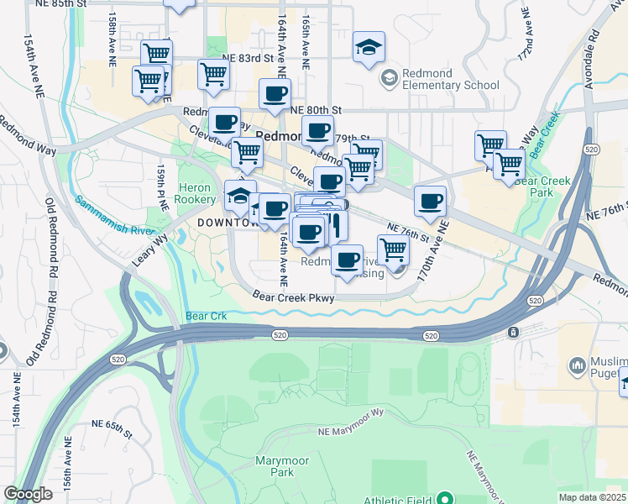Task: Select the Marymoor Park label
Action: [282, 466]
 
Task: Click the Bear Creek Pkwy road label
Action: [294, 297]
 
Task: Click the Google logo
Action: [28, 495]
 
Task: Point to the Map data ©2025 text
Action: [593, 497]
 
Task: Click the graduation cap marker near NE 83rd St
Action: [368, 47]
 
